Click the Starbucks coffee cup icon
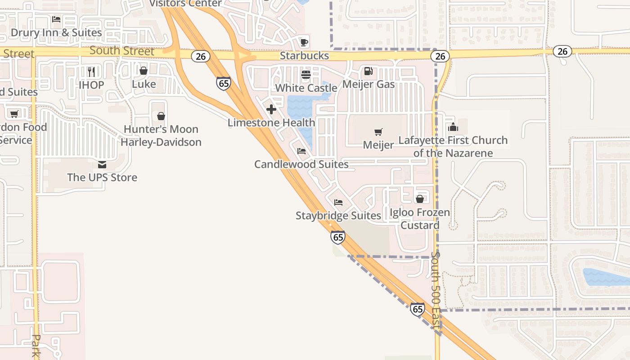(x=304, y=42)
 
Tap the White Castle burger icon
(x=306, y=74)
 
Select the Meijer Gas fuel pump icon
(x=368, y=71)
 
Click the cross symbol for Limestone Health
(x=271, y=109)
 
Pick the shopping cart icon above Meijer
(x=378, y=132)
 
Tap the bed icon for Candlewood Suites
(x=301, y=151)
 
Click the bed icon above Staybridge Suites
(x=338, y=202)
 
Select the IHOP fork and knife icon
(x=91, y=72)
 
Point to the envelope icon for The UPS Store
(x=102, y=164)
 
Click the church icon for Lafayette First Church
(x=453, y=127)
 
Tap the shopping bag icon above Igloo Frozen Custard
(x=420, y=199)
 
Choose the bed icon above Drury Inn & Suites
(x=56, y=19)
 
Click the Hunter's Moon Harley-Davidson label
(x=161, y=136)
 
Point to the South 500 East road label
(x=436, y=292)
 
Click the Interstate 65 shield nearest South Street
(x=224, y=83)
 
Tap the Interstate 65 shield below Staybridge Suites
(x=337, y=237)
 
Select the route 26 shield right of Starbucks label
(x=440, y=56)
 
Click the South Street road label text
(x=122, y=50)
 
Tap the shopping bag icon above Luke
(x=144, y=71)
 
